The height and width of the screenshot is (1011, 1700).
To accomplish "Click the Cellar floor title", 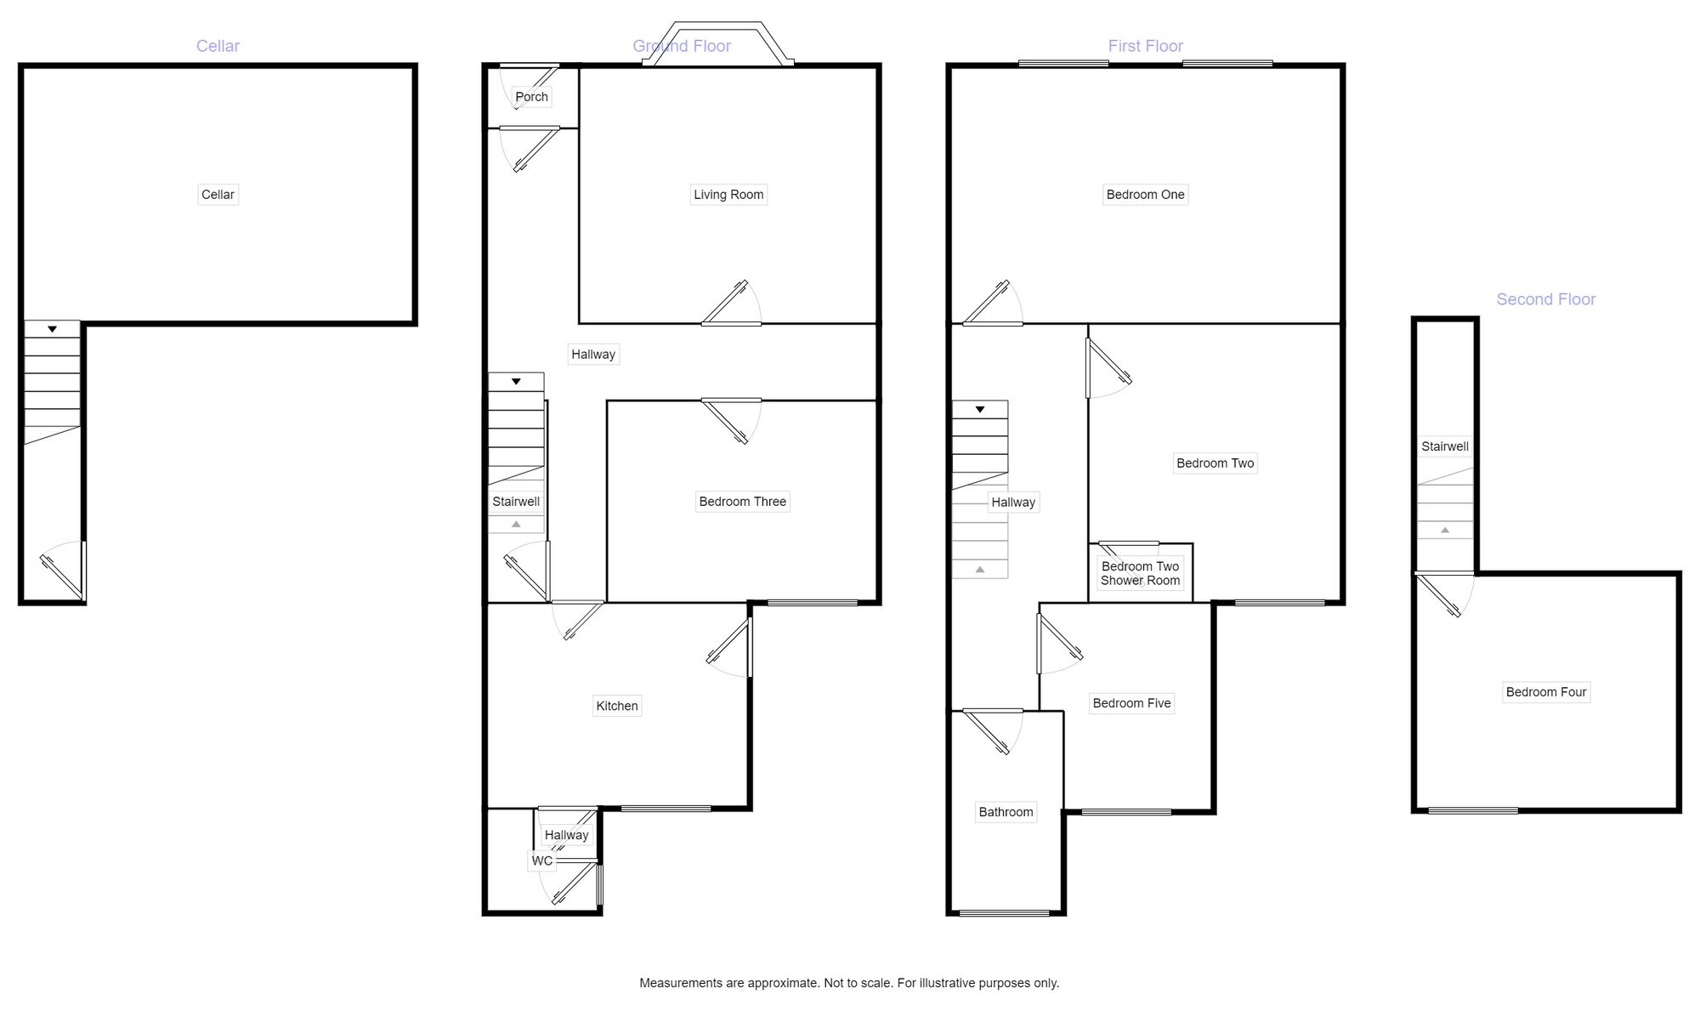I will (218, 46).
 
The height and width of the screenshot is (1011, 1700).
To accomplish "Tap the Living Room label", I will (728, 195).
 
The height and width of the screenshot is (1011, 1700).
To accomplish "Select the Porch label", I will (531, 97).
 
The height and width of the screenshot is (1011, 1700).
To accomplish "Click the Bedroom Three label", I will (742, 502).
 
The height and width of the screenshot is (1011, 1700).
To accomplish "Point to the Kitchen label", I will (616, 706).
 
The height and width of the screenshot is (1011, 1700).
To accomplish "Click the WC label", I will (542, 860).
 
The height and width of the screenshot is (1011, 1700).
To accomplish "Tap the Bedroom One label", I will (1145, 195).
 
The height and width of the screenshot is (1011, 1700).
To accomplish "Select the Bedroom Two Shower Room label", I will (1140, 573).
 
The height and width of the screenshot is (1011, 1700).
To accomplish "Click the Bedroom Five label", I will (1131, 703).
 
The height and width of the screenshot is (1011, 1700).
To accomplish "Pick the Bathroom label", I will (1006, 812).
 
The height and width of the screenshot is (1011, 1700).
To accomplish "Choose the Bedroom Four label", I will (1545, 692).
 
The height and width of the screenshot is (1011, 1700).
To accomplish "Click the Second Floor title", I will (1545, 299).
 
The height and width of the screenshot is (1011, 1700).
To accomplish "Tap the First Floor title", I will (1145, 46).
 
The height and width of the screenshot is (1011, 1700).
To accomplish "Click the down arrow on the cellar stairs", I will (52, 329).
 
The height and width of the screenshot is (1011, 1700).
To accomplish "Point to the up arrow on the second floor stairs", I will (1445, 531).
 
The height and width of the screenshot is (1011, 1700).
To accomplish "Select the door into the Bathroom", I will (991, 731).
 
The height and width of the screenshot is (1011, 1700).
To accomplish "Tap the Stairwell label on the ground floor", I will (516, 502).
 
